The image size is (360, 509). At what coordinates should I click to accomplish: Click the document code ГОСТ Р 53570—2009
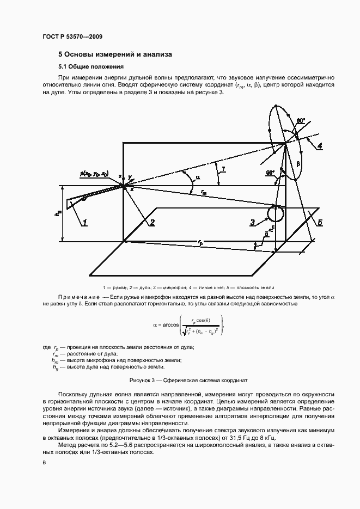[x=72, y=36]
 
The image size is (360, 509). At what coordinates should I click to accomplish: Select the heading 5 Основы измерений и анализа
[x=115, y=54]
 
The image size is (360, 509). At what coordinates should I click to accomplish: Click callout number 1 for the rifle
[x=85, y=222]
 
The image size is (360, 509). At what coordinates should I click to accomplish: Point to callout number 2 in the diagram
[x=152, y=222]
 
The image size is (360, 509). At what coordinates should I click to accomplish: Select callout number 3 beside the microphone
[x=253, y=222]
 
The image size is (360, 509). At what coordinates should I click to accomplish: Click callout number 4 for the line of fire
[x=320, y=145]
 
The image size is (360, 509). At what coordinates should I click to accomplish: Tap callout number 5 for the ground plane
[x=320, y=222]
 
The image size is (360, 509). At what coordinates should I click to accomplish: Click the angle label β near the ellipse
[x=298, y=163]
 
